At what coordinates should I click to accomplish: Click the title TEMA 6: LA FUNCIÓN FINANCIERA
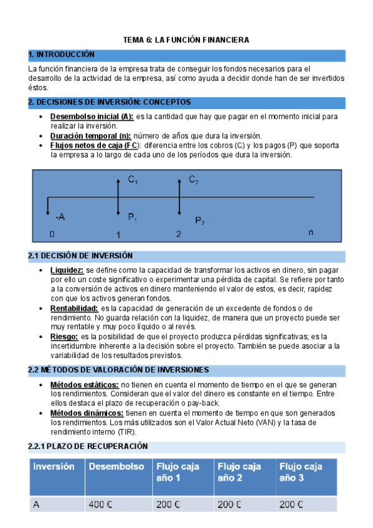(186, 40)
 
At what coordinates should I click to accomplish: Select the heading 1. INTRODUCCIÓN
(62, 55)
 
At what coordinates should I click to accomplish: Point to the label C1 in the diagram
(133, 180)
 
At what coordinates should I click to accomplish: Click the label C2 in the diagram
(194, 180)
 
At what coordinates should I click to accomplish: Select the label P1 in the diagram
(133, 217)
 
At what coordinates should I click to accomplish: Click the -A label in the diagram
(60, 217)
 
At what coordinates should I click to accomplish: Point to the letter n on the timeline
(311, 232)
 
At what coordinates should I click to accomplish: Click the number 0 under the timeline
(52, 235)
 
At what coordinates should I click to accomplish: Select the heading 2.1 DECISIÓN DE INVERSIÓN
(81, 256)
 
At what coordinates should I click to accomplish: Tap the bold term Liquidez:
(67, 270)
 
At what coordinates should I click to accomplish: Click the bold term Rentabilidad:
(74, 308)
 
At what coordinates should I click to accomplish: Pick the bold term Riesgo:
(64, 336)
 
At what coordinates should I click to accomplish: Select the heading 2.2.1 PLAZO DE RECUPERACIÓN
(88, 446)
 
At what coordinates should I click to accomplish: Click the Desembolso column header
(116, 466)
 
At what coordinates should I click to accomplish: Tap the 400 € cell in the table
(100, 505)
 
